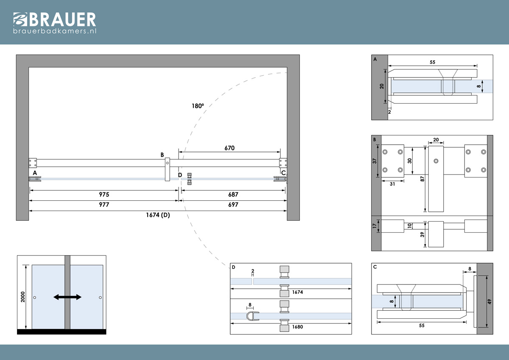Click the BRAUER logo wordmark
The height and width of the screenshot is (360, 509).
(x=55, y=20)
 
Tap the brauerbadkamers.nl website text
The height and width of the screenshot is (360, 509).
(x=55, y=31)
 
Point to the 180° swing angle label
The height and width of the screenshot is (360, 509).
(x=198, y=106)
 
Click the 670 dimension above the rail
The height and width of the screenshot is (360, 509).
(x=229, y=148)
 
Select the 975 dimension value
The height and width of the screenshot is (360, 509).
(x=104, y=194)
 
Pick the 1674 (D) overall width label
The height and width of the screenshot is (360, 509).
(x=158, y=215)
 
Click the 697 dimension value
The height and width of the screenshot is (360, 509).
(x=233, y=205)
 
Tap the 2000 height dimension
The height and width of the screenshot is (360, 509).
(x=23, y=297)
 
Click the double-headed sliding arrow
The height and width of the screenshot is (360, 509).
(x=67, y=297)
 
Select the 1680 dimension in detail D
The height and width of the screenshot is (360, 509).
(x=297, y=327)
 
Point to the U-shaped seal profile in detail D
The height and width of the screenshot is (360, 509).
(x=253, y=316)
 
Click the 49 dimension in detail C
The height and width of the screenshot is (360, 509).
(x=489, y=301)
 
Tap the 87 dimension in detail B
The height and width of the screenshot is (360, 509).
(x=422, y=179)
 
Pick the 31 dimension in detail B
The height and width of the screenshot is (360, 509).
(x=392, y=184)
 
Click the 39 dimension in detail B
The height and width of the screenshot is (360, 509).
(x=422, y=234)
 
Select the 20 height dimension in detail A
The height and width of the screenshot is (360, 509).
(x=381, y=86)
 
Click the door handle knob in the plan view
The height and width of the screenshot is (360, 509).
(x=189, y=179)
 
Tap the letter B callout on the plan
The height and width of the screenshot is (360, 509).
(x=162, y=155)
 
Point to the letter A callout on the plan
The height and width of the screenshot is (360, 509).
(x=35, y=173)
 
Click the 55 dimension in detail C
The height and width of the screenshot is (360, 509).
(x=422, y=326)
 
